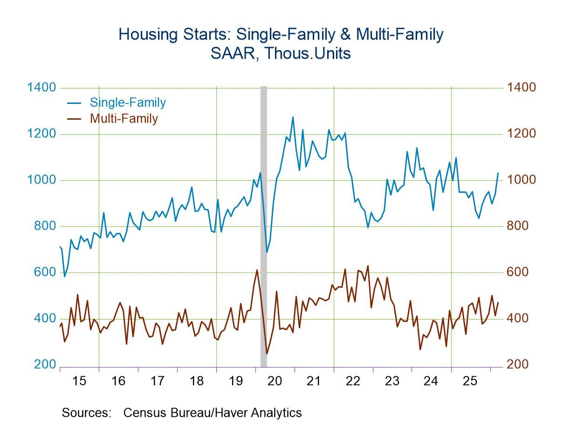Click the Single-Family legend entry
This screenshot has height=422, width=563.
click(127, 102)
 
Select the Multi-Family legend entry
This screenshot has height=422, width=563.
click(124, 118)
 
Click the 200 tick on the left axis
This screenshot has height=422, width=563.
click(45, 365)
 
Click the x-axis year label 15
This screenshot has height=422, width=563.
click(79, 381)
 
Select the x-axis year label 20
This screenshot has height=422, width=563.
click(275, 381)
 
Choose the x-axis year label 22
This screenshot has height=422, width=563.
click(353, 381)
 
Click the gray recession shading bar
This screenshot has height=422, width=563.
click(264, 224)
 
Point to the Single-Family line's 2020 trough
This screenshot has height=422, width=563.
click(267, 252)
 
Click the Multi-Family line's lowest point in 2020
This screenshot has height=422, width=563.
click(267, 354)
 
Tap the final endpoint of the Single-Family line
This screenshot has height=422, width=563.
click(498, 173)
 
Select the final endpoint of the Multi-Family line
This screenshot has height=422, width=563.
click(498, 303)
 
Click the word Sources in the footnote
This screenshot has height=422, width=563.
click(86, 413)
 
